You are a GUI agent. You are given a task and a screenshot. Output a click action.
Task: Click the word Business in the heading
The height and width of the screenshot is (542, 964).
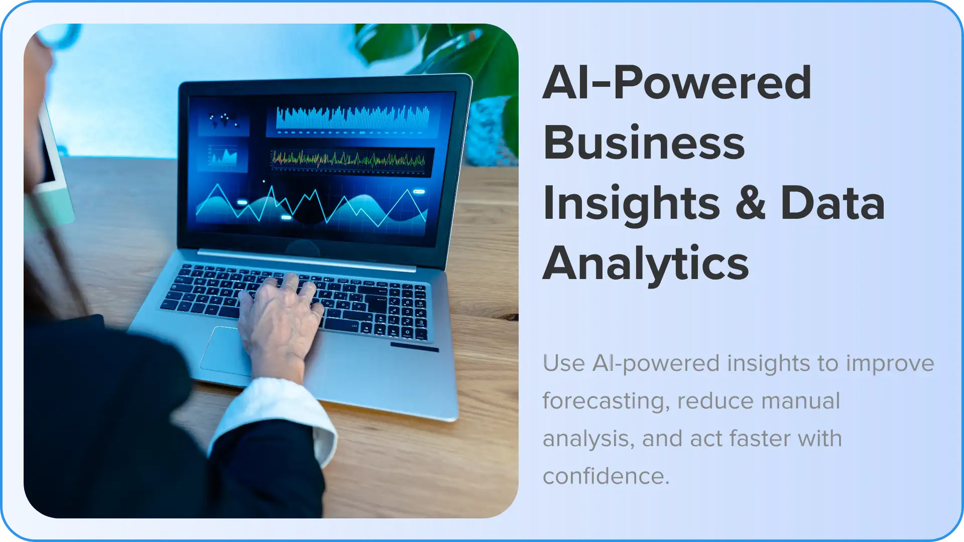pyautogui.click(x=644, y=143)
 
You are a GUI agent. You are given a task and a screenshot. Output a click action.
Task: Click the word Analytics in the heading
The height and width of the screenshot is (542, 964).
pyautogui.click(x=646, y=264)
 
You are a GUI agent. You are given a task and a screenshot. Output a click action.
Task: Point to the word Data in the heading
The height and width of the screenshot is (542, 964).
pyautogui.click(x=832, y=203)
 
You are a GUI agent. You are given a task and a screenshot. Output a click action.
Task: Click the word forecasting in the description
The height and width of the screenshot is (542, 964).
pyautogui.click(x=606, y=401)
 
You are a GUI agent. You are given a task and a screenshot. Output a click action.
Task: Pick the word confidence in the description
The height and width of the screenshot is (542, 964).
pyautogui.click(x=606, y=476)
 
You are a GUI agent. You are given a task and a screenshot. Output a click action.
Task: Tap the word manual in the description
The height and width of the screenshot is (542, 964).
pyautogui.click(x=800, y=401)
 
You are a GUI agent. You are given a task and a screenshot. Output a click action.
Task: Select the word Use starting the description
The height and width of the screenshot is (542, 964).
pyautogui.click(x=564, y=363)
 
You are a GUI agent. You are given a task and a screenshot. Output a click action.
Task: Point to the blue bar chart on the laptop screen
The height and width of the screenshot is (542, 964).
pyautogui.click(x=353, y=119)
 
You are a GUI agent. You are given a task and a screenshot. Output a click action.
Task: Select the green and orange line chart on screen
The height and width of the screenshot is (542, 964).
pyautogui.click(x=349, y=160)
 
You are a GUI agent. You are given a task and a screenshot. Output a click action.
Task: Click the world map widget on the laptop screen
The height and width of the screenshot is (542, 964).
pyautogui.click(x=224, y=120)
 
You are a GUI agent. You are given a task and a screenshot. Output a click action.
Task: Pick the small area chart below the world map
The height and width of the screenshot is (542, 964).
pyautogui.click(x=224, y=157)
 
